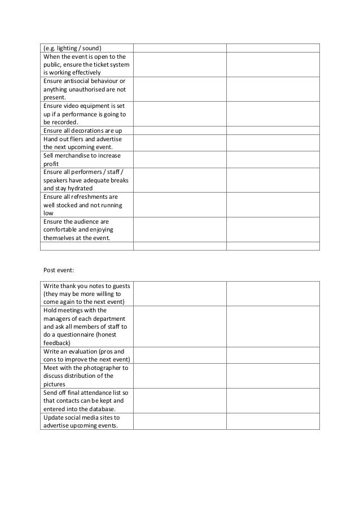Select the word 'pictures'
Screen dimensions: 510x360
(54, 384)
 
